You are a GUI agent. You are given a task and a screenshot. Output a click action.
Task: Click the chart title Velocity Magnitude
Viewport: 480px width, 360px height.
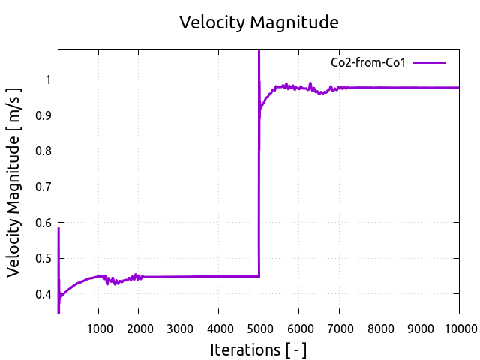click(259, 22)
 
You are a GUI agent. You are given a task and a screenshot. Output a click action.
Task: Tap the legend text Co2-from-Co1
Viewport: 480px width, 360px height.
click(368, 63)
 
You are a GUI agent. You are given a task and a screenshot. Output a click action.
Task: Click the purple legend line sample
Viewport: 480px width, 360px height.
click(429, 63)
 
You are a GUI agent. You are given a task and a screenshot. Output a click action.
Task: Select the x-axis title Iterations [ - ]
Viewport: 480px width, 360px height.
click(258, 349)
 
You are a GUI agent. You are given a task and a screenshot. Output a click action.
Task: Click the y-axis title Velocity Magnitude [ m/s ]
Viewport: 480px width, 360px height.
click(14, 181)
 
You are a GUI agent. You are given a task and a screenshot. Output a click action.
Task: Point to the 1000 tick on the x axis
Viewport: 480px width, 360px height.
click(98, 328)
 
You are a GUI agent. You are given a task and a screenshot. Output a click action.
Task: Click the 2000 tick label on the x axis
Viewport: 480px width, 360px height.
click(139, 328)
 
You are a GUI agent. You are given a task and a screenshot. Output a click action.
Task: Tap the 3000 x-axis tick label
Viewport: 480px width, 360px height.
click(178, 328)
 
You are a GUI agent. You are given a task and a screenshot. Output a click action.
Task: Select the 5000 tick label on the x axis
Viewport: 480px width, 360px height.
click(259, 328)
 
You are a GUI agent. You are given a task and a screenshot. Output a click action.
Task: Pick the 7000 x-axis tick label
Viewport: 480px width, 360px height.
click(339, 328)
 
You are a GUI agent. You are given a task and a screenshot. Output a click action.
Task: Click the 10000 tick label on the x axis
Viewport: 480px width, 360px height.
click(459, 328)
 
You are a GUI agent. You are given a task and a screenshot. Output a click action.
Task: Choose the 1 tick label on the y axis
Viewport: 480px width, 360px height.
click(49, 79)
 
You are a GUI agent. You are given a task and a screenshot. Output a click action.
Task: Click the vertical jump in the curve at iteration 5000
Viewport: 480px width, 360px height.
click(259, 187)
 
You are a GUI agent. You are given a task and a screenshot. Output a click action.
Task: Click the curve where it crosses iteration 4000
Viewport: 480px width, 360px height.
click(219, 277)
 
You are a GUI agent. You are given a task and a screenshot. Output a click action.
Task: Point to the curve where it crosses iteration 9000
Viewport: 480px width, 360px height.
click(419, 88)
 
